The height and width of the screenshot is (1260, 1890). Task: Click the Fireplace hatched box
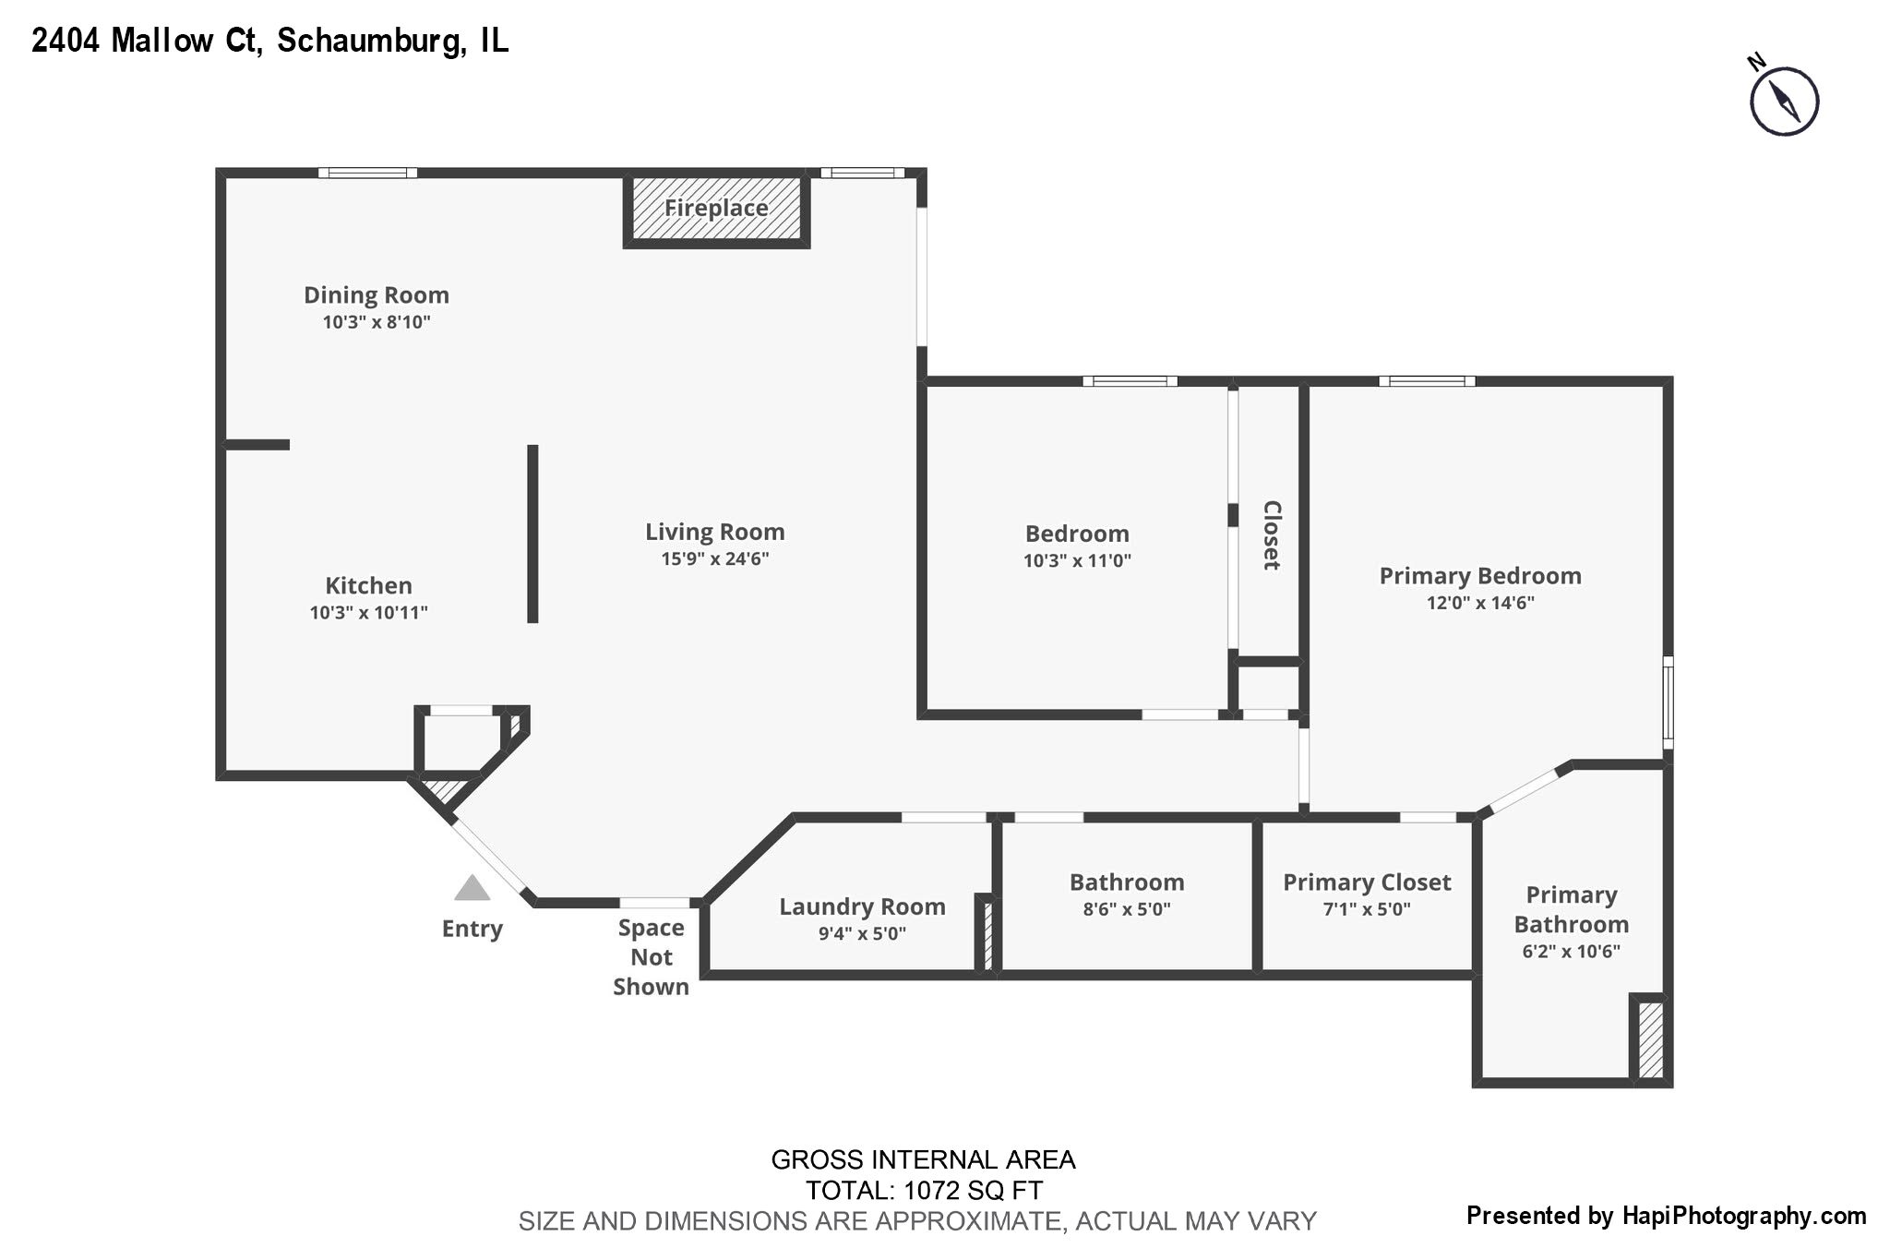click(716, 210)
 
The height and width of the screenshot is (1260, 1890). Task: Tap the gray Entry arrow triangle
click(472, 888)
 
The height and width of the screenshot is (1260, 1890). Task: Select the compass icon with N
click(1783, 101)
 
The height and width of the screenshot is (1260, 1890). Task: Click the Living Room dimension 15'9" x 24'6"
click(714, 558)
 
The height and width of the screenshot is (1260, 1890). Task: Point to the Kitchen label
click(368, 585)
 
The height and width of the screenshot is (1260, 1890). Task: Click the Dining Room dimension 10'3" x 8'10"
click(377, 322)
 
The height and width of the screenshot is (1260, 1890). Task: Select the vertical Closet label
click(1271, 534)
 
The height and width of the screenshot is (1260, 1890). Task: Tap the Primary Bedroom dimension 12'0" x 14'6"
click(1479, 603)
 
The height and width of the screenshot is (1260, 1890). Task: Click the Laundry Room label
click(862, 906)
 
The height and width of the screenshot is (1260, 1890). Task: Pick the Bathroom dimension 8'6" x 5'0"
click(1126, 909)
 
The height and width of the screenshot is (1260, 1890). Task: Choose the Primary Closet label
click(1367, 882)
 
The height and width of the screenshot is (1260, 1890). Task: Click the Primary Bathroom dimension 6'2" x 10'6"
click(1571, 952)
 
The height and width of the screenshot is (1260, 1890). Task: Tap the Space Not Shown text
click(651, 957)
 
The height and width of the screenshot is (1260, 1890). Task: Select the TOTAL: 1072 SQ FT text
click(923, 1190)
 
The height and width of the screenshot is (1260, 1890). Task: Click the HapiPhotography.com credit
click(1743, 1216)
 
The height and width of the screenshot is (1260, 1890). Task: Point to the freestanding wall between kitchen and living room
click(532, 534)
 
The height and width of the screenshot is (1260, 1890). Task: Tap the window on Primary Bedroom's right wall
click(1668, 702)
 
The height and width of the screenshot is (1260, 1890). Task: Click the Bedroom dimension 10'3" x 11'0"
click(1076, 560)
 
